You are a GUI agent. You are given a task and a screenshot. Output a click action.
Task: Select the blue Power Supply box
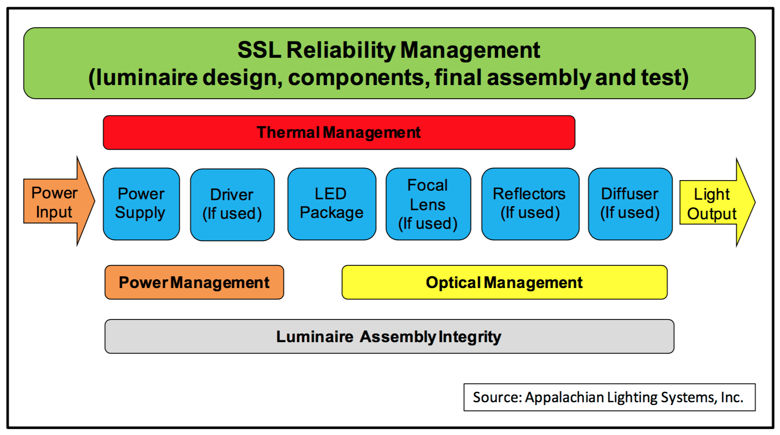(142, 204)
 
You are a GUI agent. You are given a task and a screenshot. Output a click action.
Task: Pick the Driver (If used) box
(232, 205)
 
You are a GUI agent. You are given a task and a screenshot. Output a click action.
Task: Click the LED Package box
(332, 204)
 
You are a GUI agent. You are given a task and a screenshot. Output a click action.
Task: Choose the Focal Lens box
(428, 204)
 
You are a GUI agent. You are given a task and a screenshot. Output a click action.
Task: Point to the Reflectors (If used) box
(530, 204)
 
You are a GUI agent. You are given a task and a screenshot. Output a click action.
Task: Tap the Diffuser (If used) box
(630, 204)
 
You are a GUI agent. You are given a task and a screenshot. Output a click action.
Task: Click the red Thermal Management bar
(339, 133)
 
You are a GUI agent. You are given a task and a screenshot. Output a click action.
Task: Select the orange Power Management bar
(194, 283)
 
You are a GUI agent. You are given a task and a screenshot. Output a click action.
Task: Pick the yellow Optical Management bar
(505, 283)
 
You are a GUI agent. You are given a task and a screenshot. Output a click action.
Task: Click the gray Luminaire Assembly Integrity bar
(389, 336)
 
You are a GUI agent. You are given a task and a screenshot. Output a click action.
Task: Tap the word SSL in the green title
(259, 50)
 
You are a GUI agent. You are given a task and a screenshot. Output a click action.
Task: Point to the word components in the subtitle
(359, 78)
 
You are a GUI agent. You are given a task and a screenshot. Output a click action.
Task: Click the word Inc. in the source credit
(732, 397)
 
